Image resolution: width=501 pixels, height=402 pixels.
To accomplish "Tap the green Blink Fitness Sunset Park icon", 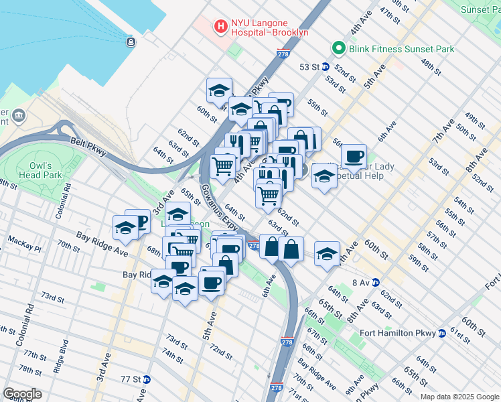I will click(x=339, y=48).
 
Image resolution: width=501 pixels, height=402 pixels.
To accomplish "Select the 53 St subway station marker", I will click(x=326, y=66).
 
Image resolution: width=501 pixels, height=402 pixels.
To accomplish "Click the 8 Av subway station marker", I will click(x=375, y=282).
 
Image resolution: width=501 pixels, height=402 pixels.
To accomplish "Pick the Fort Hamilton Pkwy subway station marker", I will click(x=442, y=333).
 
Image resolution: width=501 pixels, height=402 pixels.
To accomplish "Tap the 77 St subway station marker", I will click(x=146, y=379).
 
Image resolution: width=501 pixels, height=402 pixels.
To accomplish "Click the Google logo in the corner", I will click(x=22, y=394).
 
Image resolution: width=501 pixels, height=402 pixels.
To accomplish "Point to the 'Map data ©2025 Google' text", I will click(x=459, y=397).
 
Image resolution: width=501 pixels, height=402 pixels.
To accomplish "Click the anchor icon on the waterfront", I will click(x=130, y=42).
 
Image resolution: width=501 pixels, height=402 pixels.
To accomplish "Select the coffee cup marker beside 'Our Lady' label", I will click(x=354, y=157).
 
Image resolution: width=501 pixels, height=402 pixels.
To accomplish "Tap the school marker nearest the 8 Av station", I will click(x=326, y=254).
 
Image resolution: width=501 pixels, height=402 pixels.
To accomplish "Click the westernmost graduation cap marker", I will click(x=125, y=228).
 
